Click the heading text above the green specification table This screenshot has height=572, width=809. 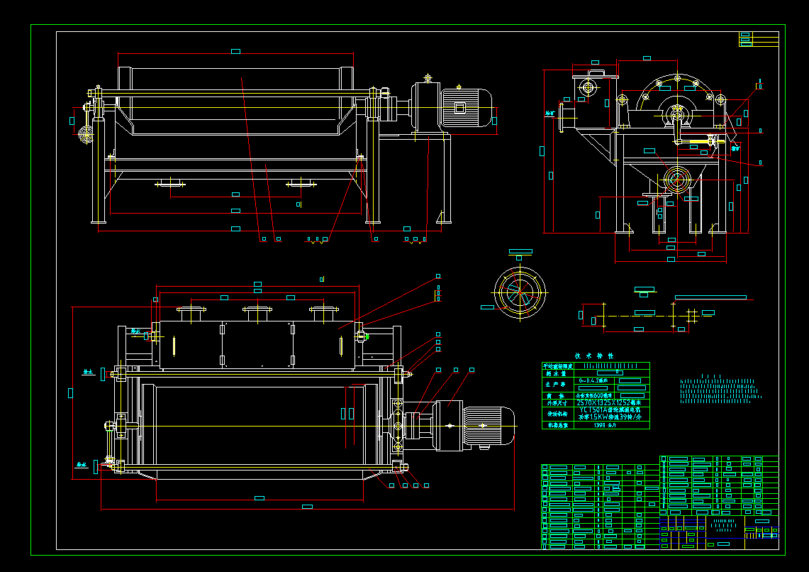coord(595,356)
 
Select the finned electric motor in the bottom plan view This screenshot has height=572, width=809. coord(489,426)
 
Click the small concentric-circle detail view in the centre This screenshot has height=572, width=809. coord(520,291)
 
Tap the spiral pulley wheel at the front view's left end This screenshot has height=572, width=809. coord(87,134)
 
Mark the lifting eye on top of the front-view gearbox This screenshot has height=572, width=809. coord(428,77)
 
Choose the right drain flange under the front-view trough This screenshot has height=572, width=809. coord(301,183)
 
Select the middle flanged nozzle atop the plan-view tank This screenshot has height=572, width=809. coord(257,310)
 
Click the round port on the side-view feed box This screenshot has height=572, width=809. coord(587,88)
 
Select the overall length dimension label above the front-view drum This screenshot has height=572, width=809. coord(235,51)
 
